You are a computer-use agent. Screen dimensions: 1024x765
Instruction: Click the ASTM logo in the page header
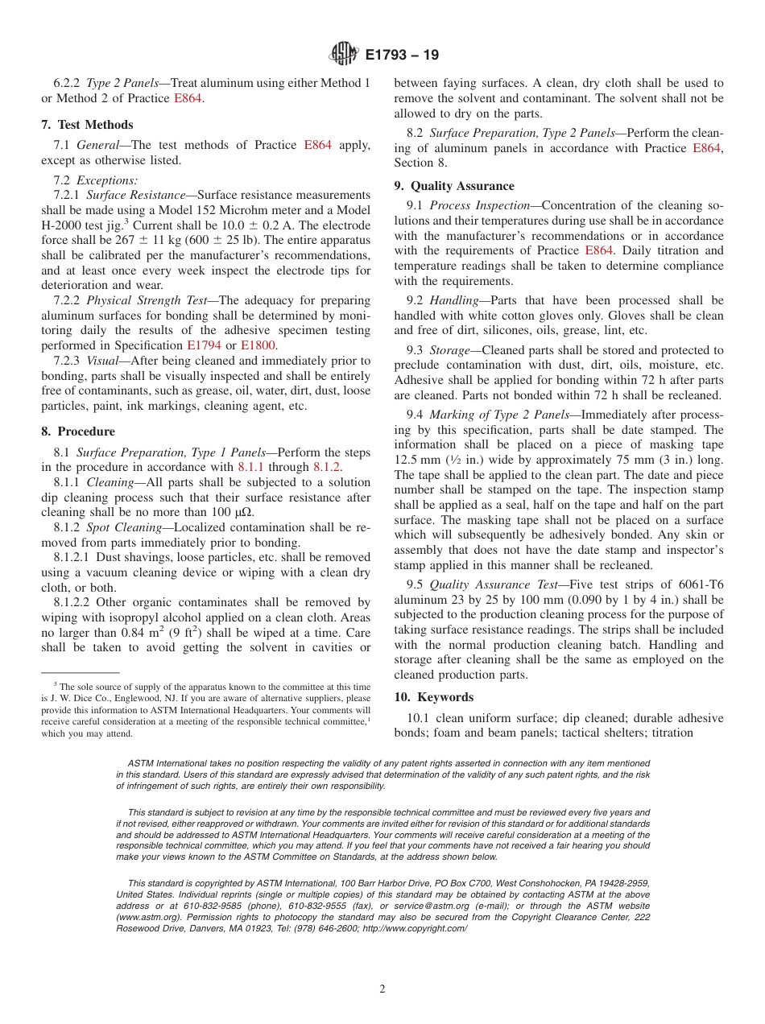[x=344, y=55]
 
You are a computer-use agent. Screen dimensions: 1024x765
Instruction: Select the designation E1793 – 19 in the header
[x=402, y=56]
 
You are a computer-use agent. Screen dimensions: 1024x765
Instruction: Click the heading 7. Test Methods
[x=87, y=125]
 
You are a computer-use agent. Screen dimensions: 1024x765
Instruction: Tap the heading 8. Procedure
[x=78, y=431]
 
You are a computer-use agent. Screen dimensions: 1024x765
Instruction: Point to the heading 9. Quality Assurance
[x=454, y=186]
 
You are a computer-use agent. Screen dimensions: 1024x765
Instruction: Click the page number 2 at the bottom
[x=382, y=989]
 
